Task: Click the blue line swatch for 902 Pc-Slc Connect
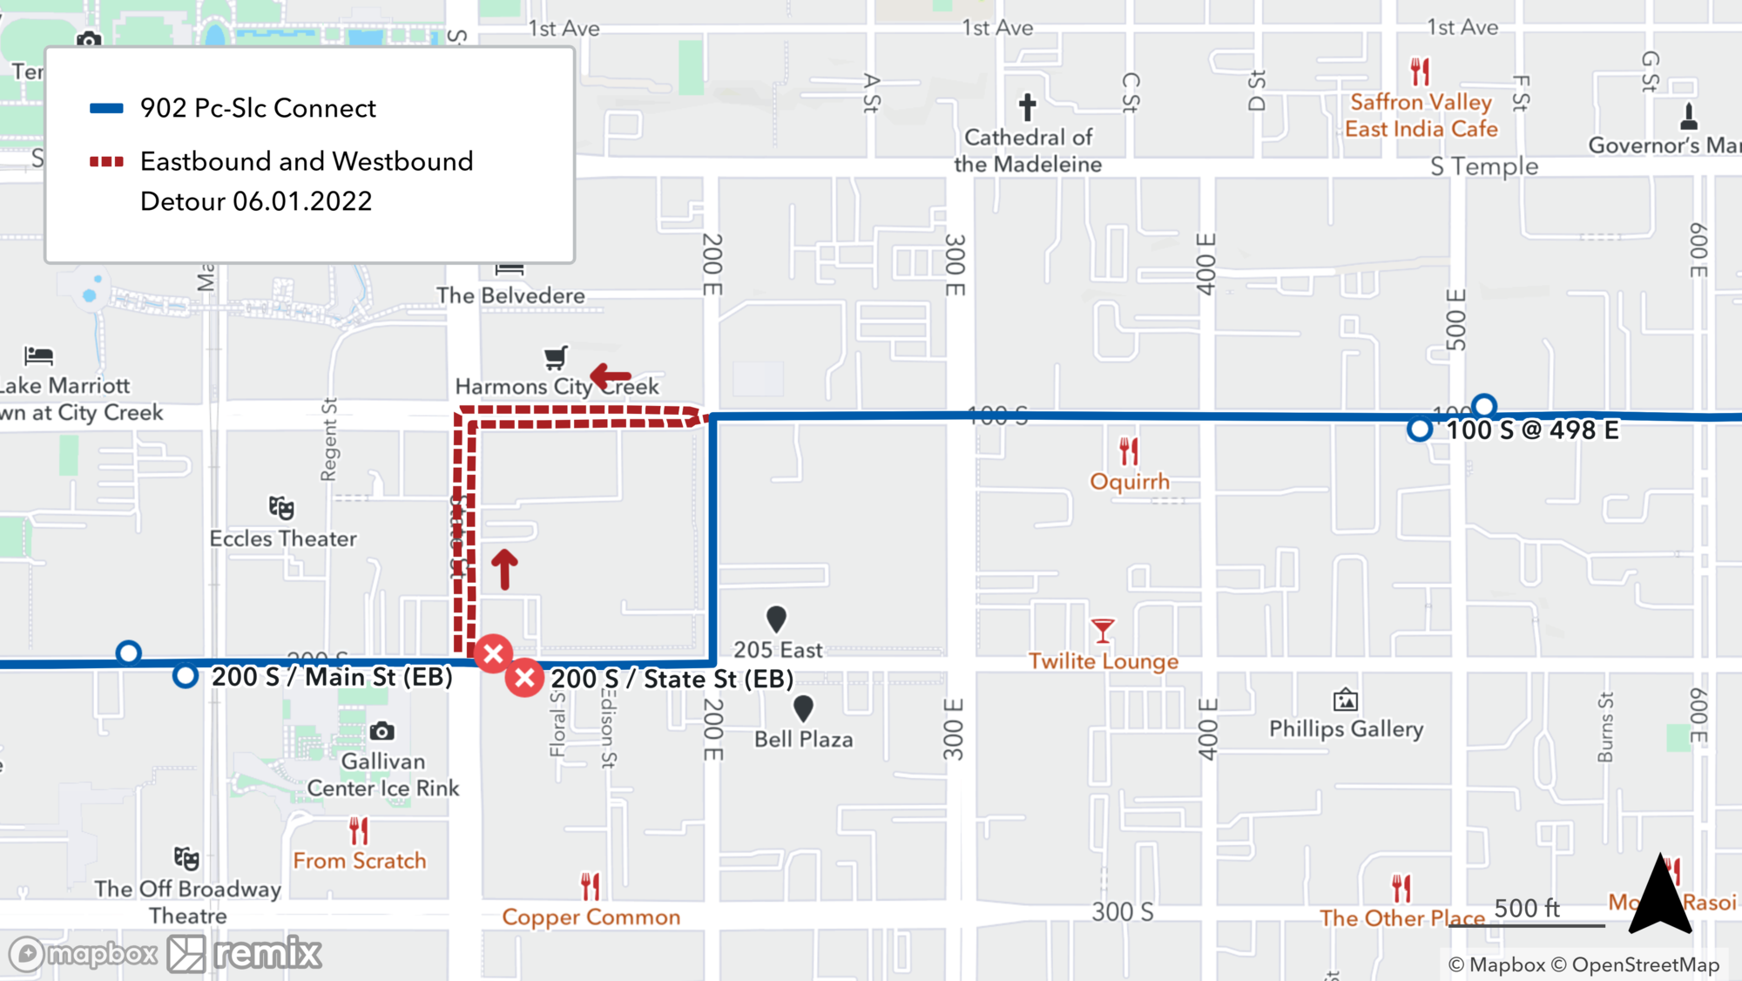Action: (x=106, y=109)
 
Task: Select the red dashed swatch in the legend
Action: (x=106, y=162)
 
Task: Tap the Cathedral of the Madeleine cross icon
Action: (x=1028, y=107)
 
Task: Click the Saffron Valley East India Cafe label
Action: (x=1421, y=116)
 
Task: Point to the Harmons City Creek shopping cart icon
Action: (x=556, y=357)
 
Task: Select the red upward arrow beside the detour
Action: (x=504, y=569)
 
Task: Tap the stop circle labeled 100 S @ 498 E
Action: (x=1420, y=430)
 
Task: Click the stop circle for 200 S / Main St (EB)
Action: (x=186, y=676)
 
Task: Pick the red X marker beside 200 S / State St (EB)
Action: (x=525, y=678)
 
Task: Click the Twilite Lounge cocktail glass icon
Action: (x=1103, y=630)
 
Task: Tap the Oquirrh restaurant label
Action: (x=1130, y=482)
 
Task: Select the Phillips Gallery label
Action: (x=1346, y=728)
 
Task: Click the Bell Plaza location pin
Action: (x=803, y=707)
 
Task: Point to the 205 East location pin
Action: (x=776, y=619)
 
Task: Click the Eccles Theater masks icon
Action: (x=281, y=508)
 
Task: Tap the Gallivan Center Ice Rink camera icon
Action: (x=381, y=732)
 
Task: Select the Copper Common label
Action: (x=591, y=917)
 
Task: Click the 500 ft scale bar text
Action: (x=1527, y=909)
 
